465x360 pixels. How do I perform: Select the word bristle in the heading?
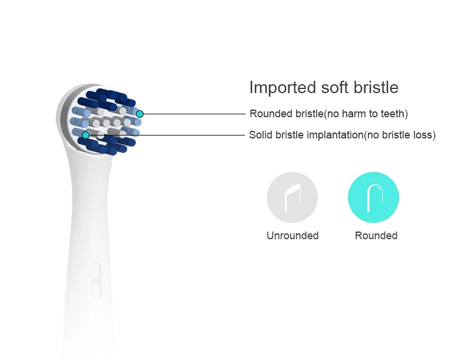tap(377, 88)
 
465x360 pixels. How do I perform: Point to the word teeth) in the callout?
tap(393, 114)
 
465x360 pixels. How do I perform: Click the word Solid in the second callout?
tap(260, 136)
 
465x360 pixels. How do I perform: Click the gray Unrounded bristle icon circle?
tap(292, 197)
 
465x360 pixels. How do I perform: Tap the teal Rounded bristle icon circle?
tap(374, 197)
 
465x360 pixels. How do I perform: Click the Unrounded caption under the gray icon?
tap(293, 236)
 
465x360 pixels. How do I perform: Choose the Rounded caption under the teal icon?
tap(376, 236)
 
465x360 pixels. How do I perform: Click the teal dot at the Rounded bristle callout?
tap(140, 114)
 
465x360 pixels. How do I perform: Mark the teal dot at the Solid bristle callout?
tap(86, 135)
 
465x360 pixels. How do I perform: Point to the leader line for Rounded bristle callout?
tap(194, 114)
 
